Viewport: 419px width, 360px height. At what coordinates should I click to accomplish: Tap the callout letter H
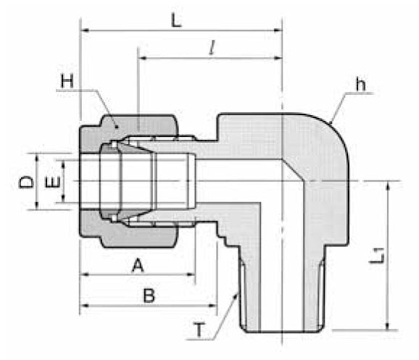point(67,82)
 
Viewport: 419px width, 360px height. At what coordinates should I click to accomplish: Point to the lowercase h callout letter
point(360,85)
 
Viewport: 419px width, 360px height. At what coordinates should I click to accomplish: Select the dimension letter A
point(136,266)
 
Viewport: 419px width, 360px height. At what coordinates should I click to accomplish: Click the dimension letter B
point(149,295)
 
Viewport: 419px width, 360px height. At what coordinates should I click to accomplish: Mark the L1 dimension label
point(377,256)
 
